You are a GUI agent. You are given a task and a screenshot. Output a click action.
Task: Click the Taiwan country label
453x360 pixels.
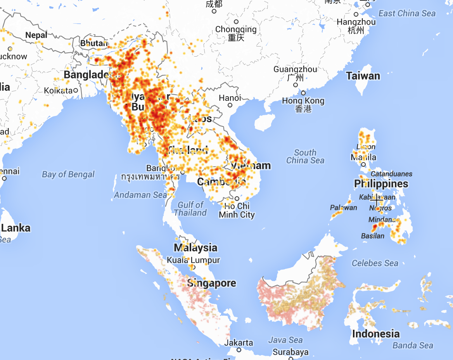click(x=363, y=76)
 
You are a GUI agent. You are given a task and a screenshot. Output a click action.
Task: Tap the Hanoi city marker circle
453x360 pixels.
click(x=230, y=105)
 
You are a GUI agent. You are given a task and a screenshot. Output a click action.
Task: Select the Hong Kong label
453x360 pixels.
click(x=303, y=100)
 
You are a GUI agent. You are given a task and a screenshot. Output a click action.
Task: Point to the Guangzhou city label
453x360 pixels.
click(x=295, y=69)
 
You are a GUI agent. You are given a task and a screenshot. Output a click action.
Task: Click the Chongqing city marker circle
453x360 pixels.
click(x=236, y=22)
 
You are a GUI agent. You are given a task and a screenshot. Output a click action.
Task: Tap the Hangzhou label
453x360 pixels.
click(x=356, y=22)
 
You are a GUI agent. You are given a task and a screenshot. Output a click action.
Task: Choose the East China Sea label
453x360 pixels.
click(x=407, y=14)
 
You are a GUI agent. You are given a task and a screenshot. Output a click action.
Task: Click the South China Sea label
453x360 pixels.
click(x=305, y=156)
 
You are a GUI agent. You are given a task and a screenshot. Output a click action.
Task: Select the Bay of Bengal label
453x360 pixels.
click(x=68, y=174)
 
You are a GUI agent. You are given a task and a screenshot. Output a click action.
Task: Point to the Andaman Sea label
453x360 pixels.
click(x=140, y=195)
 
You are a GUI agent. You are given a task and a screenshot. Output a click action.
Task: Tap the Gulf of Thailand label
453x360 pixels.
click(x=190, y=209)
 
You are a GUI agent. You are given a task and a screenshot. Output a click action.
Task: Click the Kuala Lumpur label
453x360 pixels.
click(x=193, y=260)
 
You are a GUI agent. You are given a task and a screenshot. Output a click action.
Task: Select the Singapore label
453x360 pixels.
click(x=211, y=283)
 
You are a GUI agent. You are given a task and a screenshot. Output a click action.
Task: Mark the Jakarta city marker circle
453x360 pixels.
click(x=239, y=350)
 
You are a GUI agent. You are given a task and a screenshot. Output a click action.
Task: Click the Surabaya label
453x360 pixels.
click(x=290, y=352)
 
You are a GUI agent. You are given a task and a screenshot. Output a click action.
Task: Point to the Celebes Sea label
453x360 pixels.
click(x=375, y=263)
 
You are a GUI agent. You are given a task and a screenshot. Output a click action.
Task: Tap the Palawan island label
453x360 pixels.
click(x=343, y=208)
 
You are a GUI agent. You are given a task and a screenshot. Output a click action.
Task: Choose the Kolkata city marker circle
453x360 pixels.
click(x=76, y=90)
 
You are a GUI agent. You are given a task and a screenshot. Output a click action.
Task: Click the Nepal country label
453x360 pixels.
click(x=36, y=35)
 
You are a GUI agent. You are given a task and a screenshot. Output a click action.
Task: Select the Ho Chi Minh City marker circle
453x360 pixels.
click(x=237, y=199)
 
